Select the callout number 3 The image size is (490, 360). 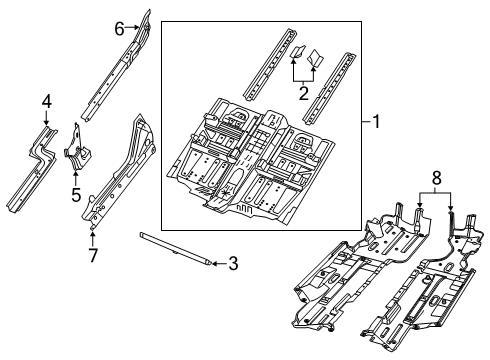pyautogui.click(x=232, y=264)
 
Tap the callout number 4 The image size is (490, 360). pyautogui.click(x=45, y=100)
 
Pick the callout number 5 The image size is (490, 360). pyautogui.click(x=75, y=194)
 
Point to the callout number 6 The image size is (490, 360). pyautogui.click(x=120, y=29)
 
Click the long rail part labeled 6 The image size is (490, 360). pyautogui.click(x=115, y=70)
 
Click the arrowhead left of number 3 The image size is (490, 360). pyautogui.click(x=213, y=264)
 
